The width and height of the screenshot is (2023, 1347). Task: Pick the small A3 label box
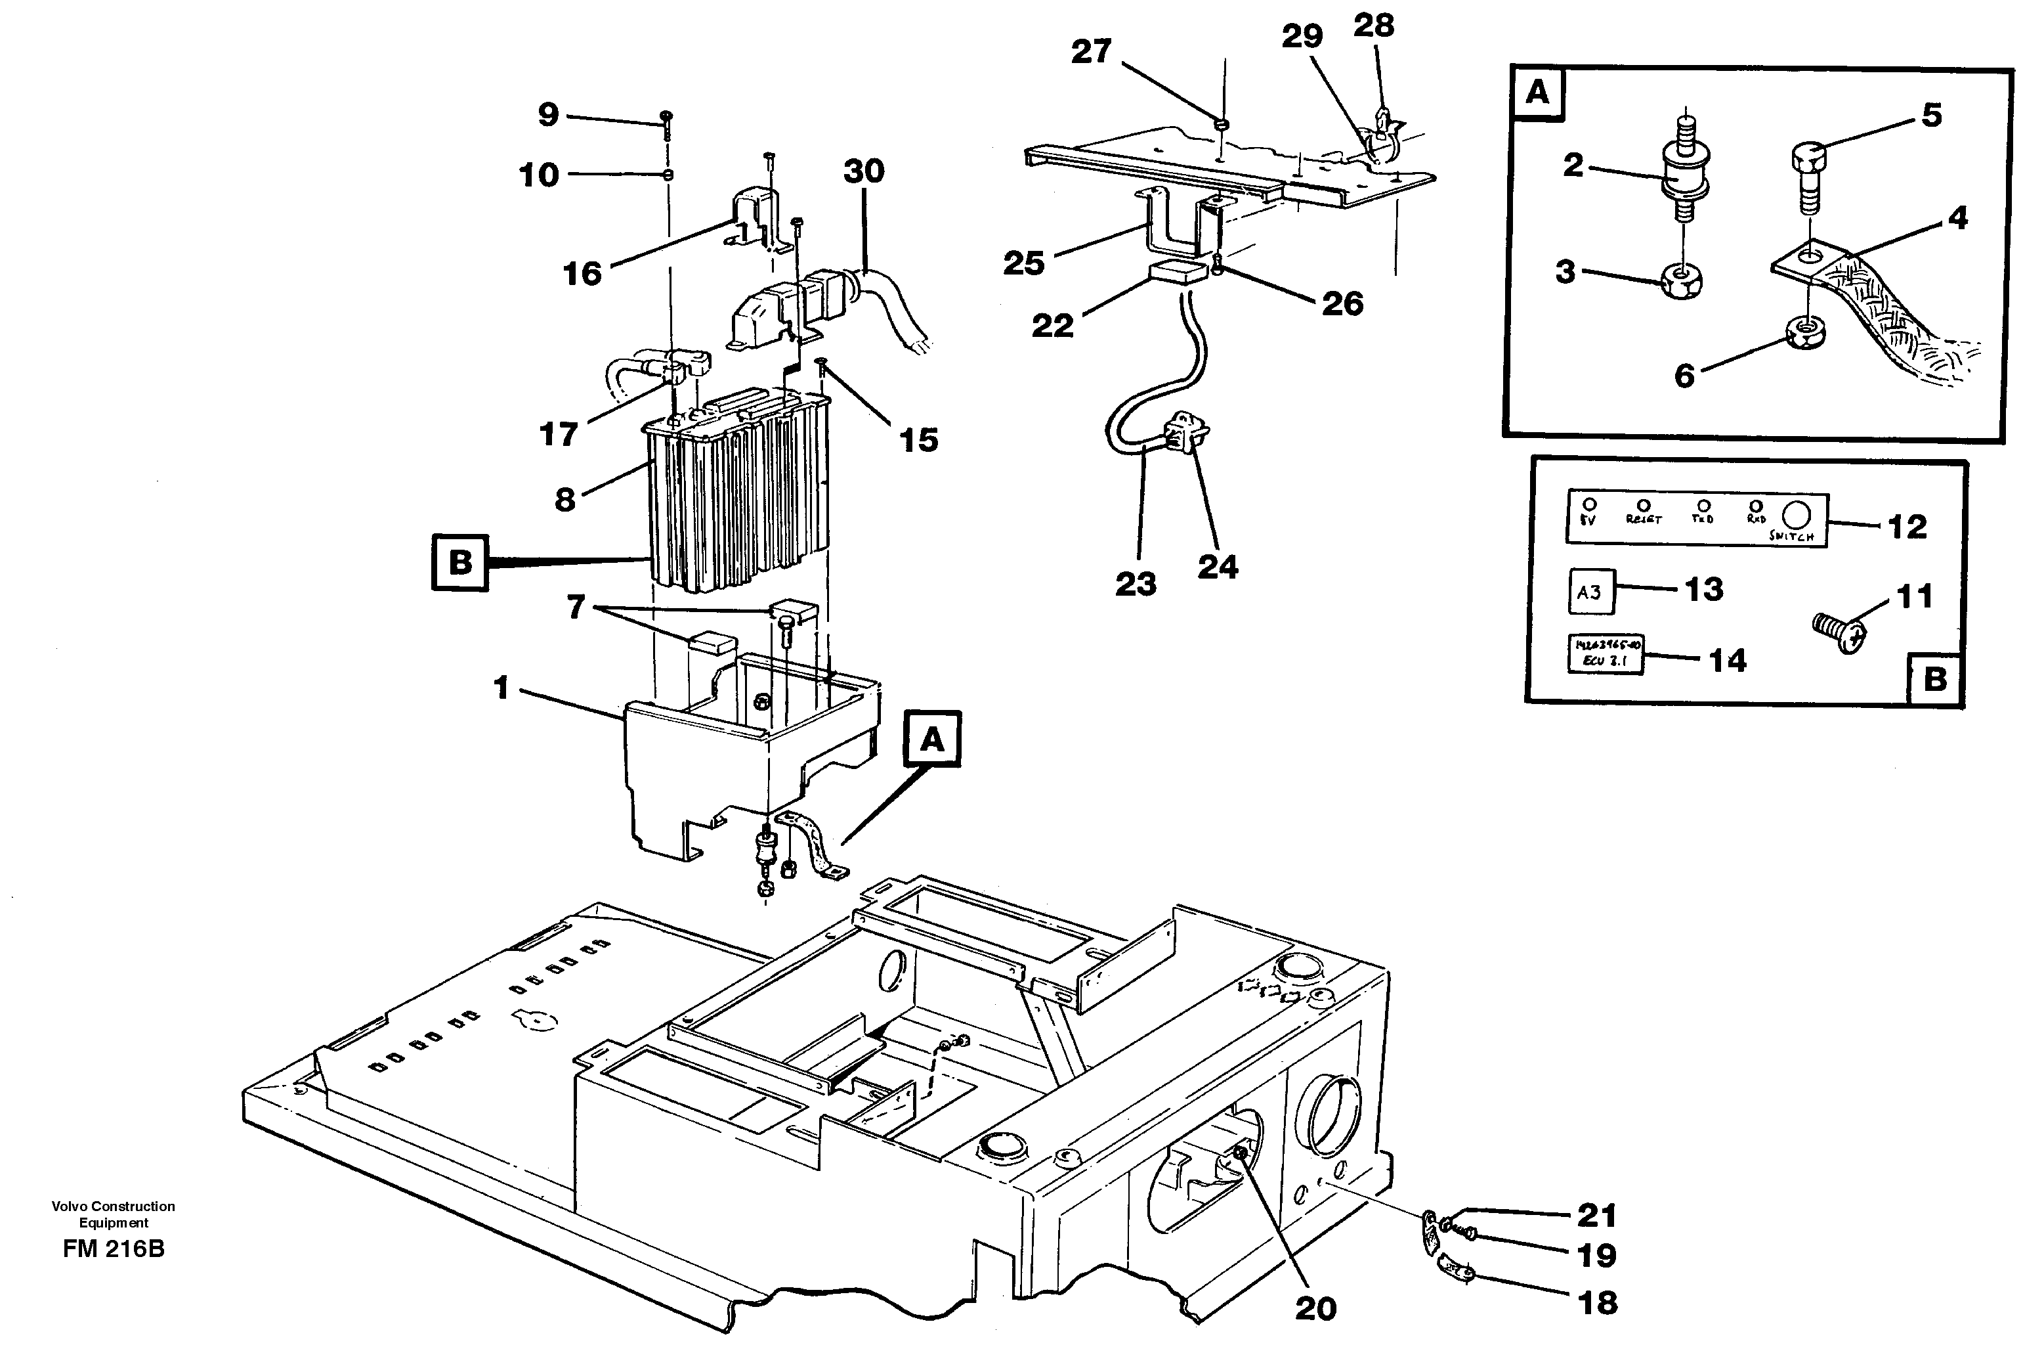(1590, 591)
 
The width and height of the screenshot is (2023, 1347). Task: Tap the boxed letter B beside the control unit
(460, 563)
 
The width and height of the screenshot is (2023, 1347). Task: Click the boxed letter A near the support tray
(933, 738)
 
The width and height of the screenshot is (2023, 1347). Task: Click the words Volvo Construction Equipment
(114, 1214)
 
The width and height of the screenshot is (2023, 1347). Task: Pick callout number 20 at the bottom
(1315, 1308)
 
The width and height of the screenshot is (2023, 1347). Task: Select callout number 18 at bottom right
(1597, 1302)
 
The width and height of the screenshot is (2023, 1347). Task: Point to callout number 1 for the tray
(502, 687)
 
